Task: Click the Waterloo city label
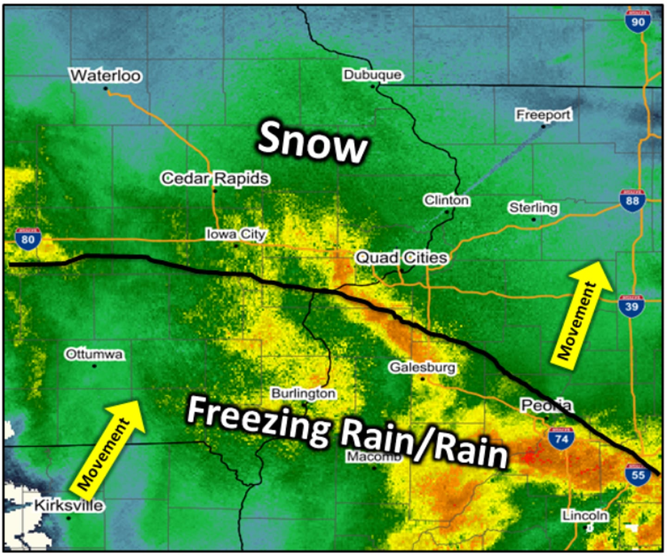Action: (x=105, y=75)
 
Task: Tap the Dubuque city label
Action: (x=372, y=75)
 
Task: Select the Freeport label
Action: (x=543, y=114)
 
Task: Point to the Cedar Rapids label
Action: (x=215, y=178)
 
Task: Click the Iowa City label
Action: (x=236, y=234)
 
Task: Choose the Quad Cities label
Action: (x=402, y=258)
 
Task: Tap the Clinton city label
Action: (x=447, y=200)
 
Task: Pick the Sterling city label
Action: (x=533, y=207)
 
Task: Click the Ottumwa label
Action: (x=94, y=354)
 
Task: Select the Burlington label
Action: (x=303, y=393)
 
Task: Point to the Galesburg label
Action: (x=422, y=367)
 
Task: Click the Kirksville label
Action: (x=69, y=505)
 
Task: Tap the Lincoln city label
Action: (x=585, y=515)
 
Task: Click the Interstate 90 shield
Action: (x=637, y=21)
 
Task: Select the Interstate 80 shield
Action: (x=28, y=239)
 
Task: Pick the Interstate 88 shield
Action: (x=632, y=201)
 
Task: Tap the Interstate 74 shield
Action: (x=561, y=438)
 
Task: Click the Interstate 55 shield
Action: (x=638, y=474)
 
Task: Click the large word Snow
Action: (x=313, y=142)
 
